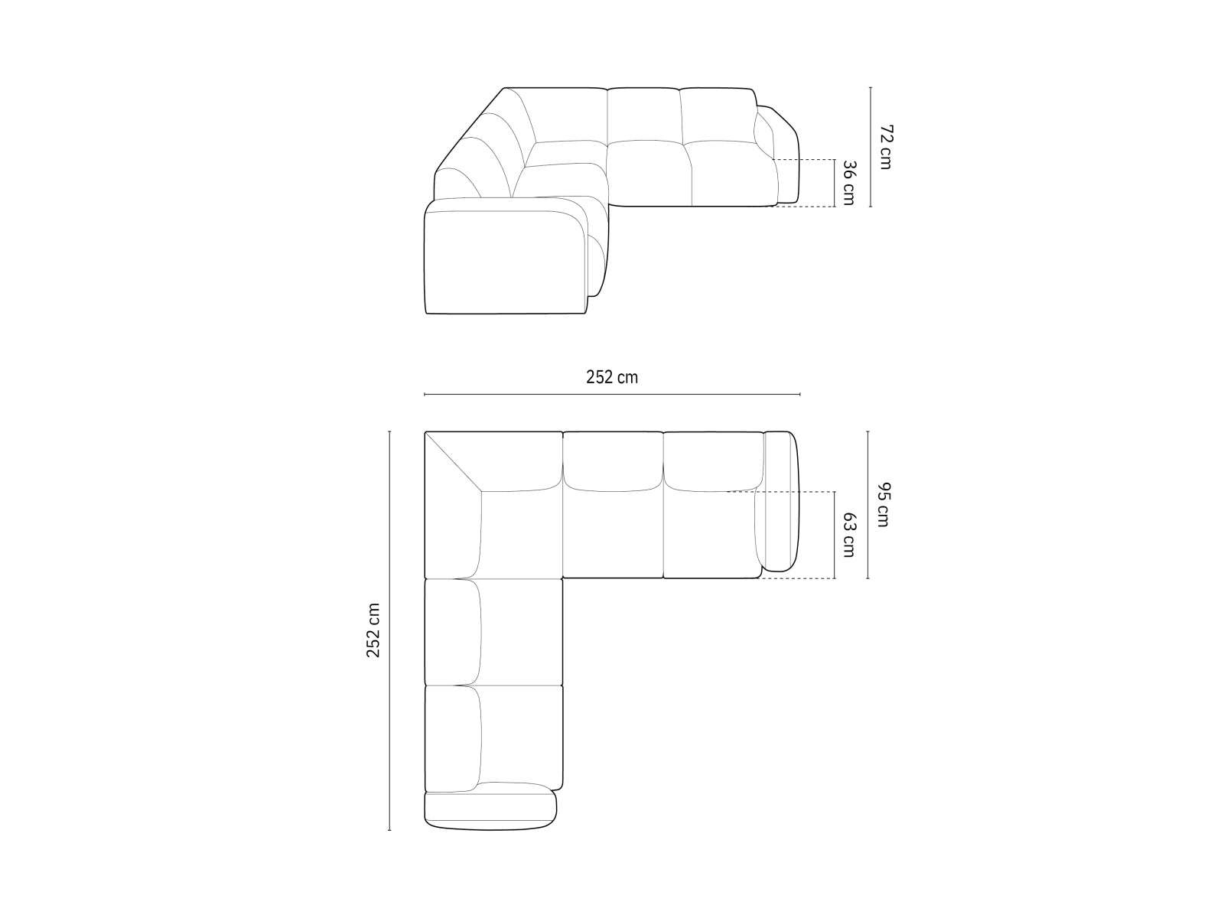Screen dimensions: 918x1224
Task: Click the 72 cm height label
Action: pyautogui.click(x=885, y=147)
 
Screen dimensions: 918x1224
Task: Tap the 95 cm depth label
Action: pyautogui.click(x=883, y=505)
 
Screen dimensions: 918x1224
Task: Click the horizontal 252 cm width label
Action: pyautogui.click(x=612, y=377)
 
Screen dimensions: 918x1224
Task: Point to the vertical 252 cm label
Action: pyautogui.click(x=373, y=630)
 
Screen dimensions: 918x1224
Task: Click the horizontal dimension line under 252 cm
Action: pyautogui.click(x=612, y=395)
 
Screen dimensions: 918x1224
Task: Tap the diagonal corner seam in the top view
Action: pyautogui.click(x=453, y=461)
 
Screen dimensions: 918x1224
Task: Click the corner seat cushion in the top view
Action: pyautogui.click(x=520, y=535)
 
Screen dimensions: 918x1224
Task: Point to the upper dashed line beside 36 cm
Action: pyautogui.click(x=803, y=160)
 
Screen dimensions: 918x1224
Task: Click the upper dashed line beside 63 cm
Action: pyautogui.click(x=796, y=491)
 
